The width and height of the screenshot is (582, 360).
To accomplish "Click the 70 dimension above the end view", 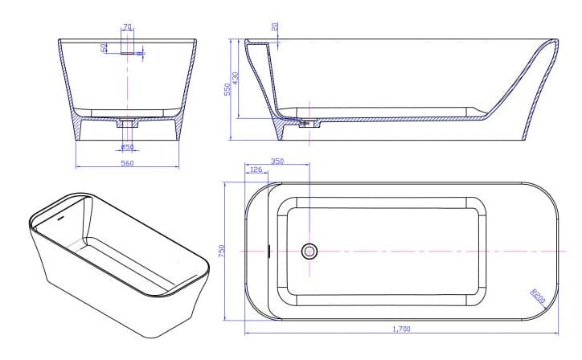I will [x=127, y=27].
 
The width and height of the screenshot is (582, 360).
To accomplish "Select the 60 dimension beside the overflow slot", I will [x=105, y=48].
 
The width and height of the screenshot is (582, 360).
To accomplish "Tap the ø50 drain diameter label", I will [x=127, y=147].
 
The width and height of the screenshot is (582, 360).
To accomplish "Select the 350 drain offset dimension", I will [x=277, y=162].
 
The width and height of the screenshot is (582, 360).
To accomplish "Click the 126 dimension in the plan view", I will [x=256, y=170].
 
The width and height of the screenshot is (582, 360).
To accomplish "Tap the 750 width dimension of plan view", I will [x=223, y=252].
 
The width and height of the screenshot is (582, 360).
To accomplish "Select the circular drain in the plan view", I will [x=309, y=252].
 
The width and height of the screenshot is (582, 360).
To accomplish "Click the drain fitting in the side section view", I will [x=305, y=124].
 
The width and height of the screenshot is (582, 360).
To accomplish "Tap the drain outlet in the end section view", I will [x=127, y=124].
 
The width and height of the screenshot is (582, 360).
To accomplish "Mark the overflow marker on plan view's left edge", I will [x=268, y=252].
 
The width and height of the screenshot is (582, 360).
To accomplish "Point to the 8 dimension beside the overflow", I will [x=140, y=54].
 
